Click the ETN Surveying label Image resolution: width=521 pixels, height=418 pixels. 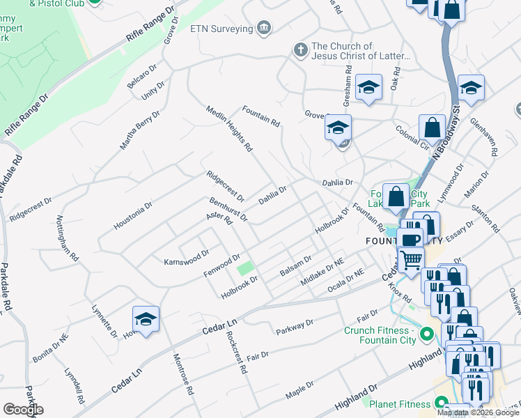click(x=221, y=29)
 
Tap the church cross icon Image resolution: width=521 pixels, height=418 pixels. click(x=300, y=50)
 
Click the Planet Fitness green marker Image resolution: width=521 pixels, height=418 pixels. click(x=440, y=403)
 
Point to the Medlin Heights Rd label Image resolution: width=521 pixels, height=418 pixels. click(x=228, y=128)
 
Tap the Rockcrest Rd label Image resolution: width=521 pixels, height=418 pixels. click(x=238, y=353)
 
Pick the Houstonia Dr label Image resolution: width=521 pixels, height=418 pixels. click(x=132, y=217)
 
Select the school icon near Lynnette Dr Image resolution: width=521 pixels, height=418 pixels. click(x=146, y=320)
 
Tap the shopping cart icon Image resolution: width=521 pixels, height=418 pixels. click(x=411, y=259)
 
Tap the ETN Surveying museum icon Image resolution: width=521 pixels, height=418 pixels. click(x=264, y=28)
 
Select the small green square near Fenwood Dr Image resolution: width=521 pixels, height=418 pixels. click(x=244, y=268)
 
